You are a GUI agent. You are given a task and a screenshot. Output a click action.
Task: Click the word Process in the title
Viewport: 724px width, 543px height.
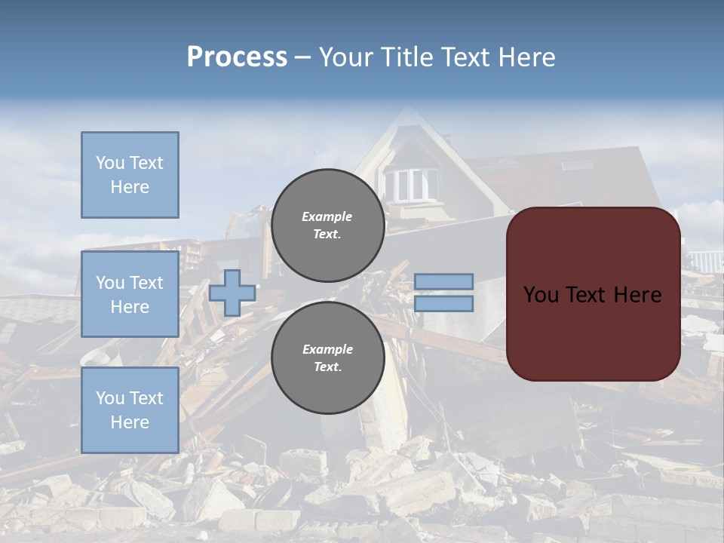237,57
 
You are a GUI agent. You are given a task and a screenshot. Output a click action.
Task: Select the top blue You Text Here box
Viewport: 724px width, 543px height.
130,175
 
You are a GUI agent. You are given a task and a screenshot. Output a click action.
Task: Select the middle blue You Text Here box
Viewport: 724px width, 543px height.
130,294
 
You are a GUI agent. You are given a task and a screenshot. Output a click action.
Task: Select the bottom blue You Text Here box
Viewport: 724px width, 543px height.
130,410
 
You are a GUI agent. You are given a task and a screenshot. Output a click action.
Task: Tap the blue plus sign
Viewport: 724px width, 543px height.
232,293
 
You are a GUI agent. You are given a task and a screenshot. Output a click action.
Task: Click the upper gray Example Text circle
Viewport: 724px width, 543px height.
327,225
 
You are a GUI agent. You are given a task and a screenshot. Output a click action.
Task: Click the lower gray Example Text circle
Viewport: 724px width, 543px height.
327,358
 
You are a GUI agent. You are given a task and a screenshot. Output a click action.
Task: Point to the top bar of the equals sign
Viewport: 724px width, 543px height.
443,281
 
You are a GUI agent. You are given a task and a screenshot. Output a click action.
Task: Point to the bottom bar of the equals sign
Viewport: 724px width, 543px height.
443,304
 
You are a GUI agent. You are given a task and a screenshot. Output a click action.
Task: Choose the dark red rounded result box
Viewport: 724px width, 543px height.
594,294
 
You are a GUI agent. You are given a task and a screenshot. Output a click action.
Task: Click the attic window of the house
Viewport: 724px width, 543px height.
410,183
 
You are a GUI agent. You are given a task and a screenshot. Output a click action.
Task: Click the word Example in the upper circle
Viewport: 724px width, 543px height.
327,216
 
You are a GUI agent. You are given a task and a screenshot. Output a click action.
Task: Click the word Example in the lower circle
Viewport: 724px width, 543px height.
327,349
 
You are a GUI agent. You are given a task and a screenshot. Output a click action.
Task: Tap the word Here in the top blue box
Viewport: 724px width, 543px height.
130,187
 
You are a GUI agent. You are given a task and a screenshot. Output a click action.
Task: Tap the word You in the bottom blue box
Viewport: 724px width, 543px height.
110,398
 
